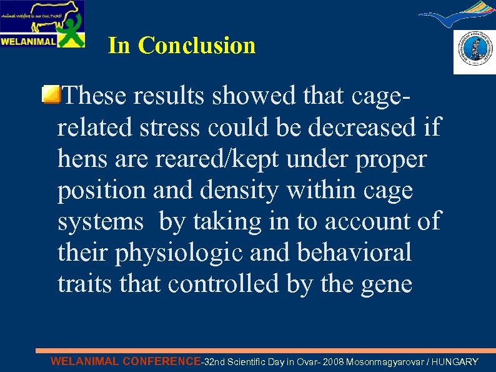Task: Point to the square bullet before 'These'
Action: click(x=52, y=96)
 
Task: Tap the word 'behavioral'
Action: click(x=355, y=252)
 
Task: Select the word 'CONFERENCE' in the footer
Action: click(x=162, y=361)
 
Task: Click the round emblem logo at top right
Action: click(x=474, y=53)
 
